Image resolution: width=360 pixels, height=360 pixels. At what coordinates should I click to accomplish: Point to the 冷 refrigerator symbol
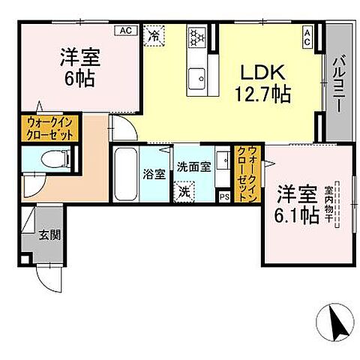tap(155, 34)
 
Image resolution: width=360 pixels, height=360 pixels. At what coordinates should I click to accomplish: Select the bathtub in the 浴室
tap(125, 173)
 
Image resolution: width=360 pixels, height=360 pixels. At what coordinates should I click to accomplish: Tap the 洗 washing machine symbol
tap(184, 191)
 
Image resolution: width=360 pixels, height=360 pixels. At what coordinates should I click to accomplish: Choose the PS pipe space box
tap(224, 197)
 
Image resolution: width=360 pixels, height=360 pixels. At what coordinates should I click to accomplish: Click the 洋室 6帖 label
tap(78, 66)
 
